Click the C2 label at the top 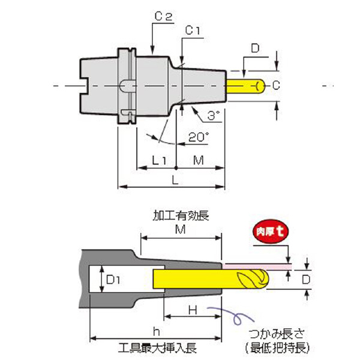click(x=163, y=19)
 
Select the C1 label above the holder click(x=193, y=29)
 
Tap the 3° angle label click(x=212, y=114)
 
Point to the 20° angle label click(x=198, y=137)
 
